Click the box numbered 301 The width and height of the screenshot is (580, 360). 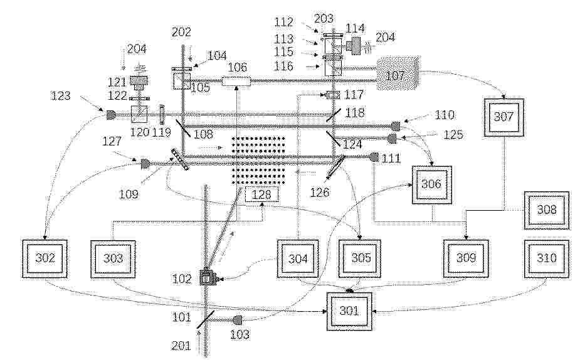349,311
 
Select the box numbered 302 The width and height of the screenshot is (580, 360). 45,258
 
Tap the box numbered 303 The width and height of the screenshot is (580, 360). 113,259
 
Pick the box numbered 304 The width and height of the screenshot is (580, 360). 298,258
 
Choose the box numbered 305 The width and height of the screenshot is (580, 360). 361,258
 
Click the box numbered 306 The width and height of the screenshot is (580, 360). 432,185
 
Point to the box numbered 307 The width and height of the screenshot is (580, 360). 504,117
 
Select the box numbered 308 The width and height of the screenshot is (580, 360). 546,210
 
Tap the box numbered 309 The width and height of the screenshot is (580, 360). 466,258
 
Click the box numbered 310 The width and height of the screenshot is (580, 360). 546,258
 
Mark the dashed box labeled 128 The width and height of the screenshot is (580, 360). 261,194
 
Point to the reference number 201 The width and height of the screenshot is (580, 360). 181,346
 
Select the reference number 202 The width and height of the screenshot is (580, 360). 181,32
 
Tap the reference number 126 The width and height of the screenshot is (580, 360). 320,192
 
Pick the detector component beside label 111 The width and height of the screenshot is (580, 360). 374,157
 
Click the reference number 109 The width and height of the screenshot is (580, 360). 129,194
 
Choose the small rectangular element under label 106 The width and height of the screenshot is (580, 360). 236,81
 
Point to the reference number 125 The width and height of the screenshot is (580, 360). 453,135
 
